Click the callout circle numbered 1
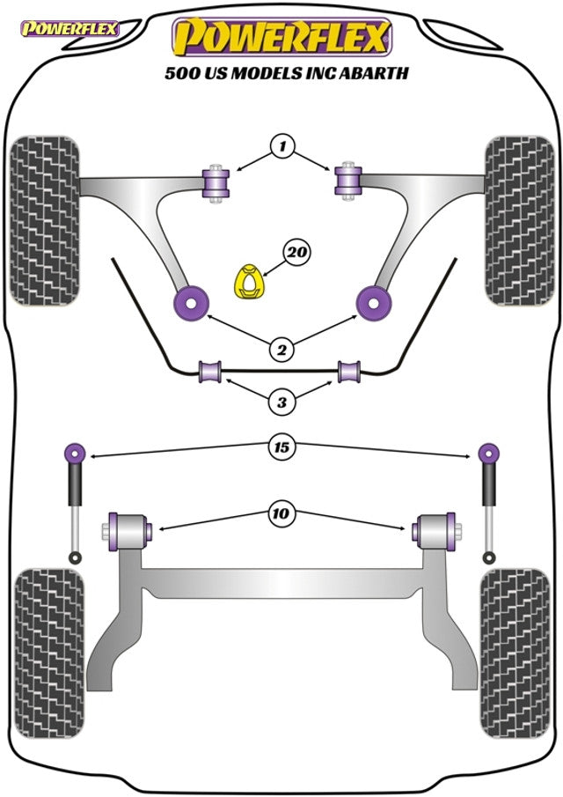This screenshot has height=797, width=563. coord(281,145)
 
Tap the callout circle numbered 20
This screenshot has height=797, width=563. coord(296,254)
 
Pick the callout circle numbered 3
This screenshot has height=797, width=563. coord(281,403)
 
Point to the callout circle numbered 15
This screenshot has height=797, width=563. coord(281,447)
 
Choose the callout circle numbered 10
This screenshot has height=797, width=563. coord(281,511)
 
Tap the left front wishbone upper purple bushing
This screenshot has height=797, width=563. coord(215,181)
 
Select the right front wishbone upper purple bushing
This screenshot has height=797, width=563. coord(349,182)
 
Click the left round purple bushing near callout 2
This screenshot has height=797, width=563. coord(188,301)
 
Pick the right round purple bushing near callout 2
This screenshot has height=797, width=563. coord(375,302)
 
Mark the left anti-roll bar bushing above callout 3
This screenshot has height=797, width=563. coord(211,373)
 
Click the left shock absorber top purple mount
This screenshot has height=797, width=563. coord(76,454)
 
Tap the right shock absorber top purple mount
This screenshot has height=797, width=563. coord(487,454)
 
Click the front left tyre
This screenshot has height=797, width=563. coord(43,220)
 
